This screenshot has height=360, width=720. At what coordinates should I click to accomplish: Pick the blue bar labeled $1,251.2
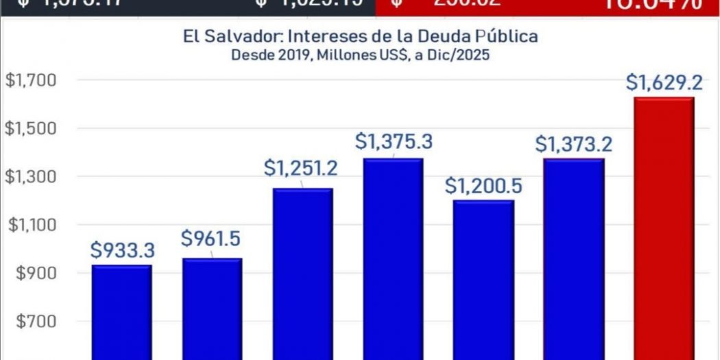point(302,274)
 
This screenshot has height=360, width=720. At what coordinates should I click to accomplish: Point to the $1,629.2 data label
point(664,84)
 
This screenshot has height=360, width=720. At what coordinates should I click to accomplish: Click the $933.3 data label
point(121,251)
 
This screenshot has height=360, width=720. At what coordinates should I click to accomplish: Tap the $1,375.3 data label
point(394,143)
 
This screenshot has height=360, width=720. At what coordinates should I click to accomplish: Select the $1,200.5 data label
point(483,185)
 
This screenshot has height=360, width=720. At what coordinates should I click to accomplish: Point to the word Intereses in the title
point(329,36)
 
